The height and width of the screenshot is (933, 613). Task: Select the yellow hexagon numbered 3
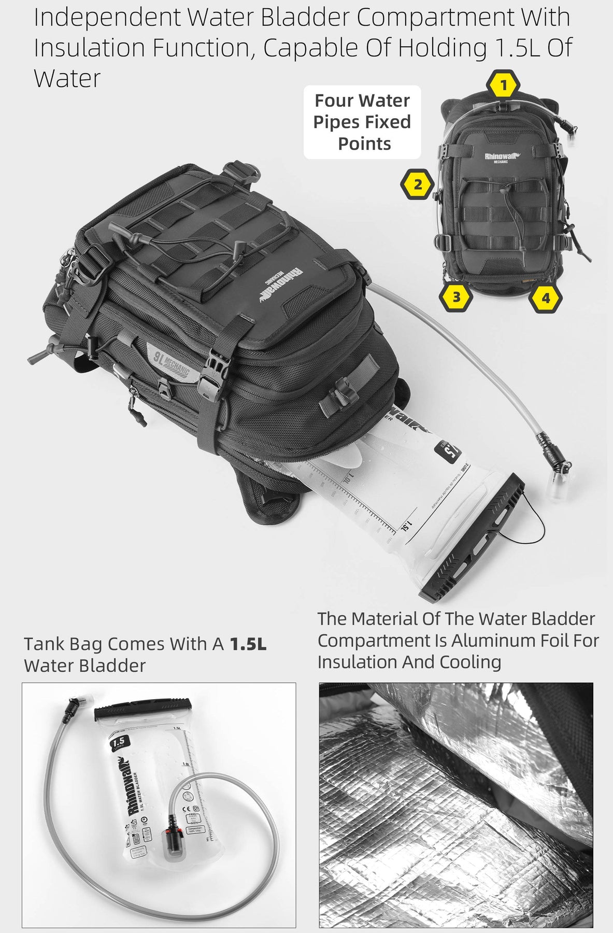pos(456,297)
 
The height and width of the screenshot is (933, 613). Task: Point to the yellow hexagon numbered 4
pos(545,298)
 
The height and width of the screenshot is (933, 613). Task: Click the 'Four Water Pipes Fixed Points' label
pos(362,122)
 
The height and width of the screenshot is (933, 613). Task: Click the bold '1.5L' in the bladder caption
pos(248,644)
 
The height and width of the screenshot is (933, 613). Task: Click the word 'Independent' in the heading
pos(107,18)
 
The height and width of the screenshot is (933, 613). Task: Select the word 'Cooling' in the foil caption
pos(470,662)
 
